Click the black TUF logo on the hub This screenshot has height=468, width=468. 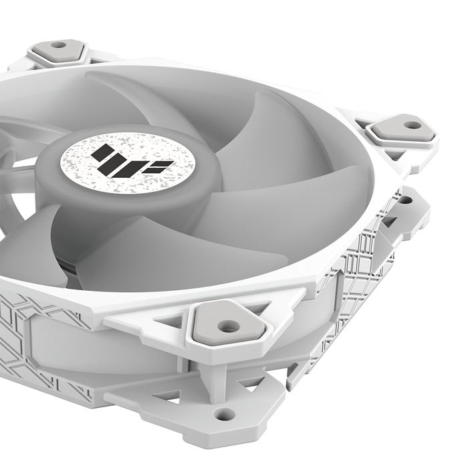pyautogui.click(x=123, y=161)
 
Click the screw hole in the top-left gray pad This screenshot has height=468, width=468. pyautogui.click(x=59, y=45)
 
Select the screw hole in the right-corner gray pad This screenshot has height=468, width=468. pyautogui.click(x=413, y=124)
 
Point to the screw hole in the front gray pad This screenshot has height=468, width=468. pyautogui.click(x=229, y=326)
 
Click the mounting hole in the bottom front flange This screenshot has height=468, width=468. pyautogui.click(x=225, y=415)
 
